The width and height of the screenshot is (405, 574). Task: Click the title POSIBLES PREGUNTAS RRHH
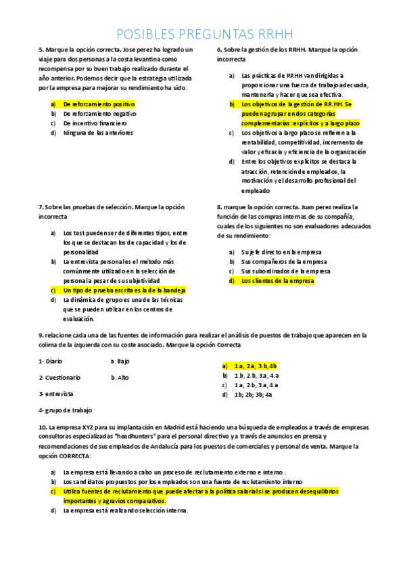point(202,35)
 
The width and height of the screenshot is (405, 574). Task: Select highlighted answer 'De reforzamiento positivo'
point(99,105)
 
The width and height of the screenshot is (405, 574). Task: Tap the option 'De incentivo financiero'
point(95,124)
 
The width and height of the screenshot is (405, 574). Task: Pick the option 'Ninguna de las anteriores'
point(98,133)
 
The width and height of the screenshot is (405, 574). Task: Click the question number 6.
point(219,50)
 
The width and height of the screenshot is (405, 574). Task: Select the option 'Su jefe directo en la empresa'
point(281,252)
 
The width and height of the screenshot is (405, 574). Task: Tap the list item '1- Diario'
point(51,361)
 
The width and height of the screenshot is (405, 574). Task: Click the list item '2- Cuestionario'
point(59,377)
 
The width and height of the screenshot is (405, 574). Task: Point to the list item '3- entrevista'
point(56,393)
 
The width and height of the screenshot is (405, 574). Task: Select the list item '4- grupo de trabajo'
point(66,410)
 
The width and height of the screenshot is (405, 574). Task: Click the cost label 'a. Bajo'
point(120,361)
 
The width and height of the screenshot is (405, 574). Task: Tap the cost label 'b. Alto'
point(120,378)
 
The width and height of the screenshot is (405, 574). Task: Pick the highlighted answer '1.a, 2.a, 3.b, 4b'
point(256,366)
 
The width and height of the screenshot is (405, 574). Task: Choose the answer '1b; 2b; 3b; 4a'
point(253,394)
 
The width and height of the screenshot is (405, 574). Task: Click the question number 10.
point(42,428)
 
